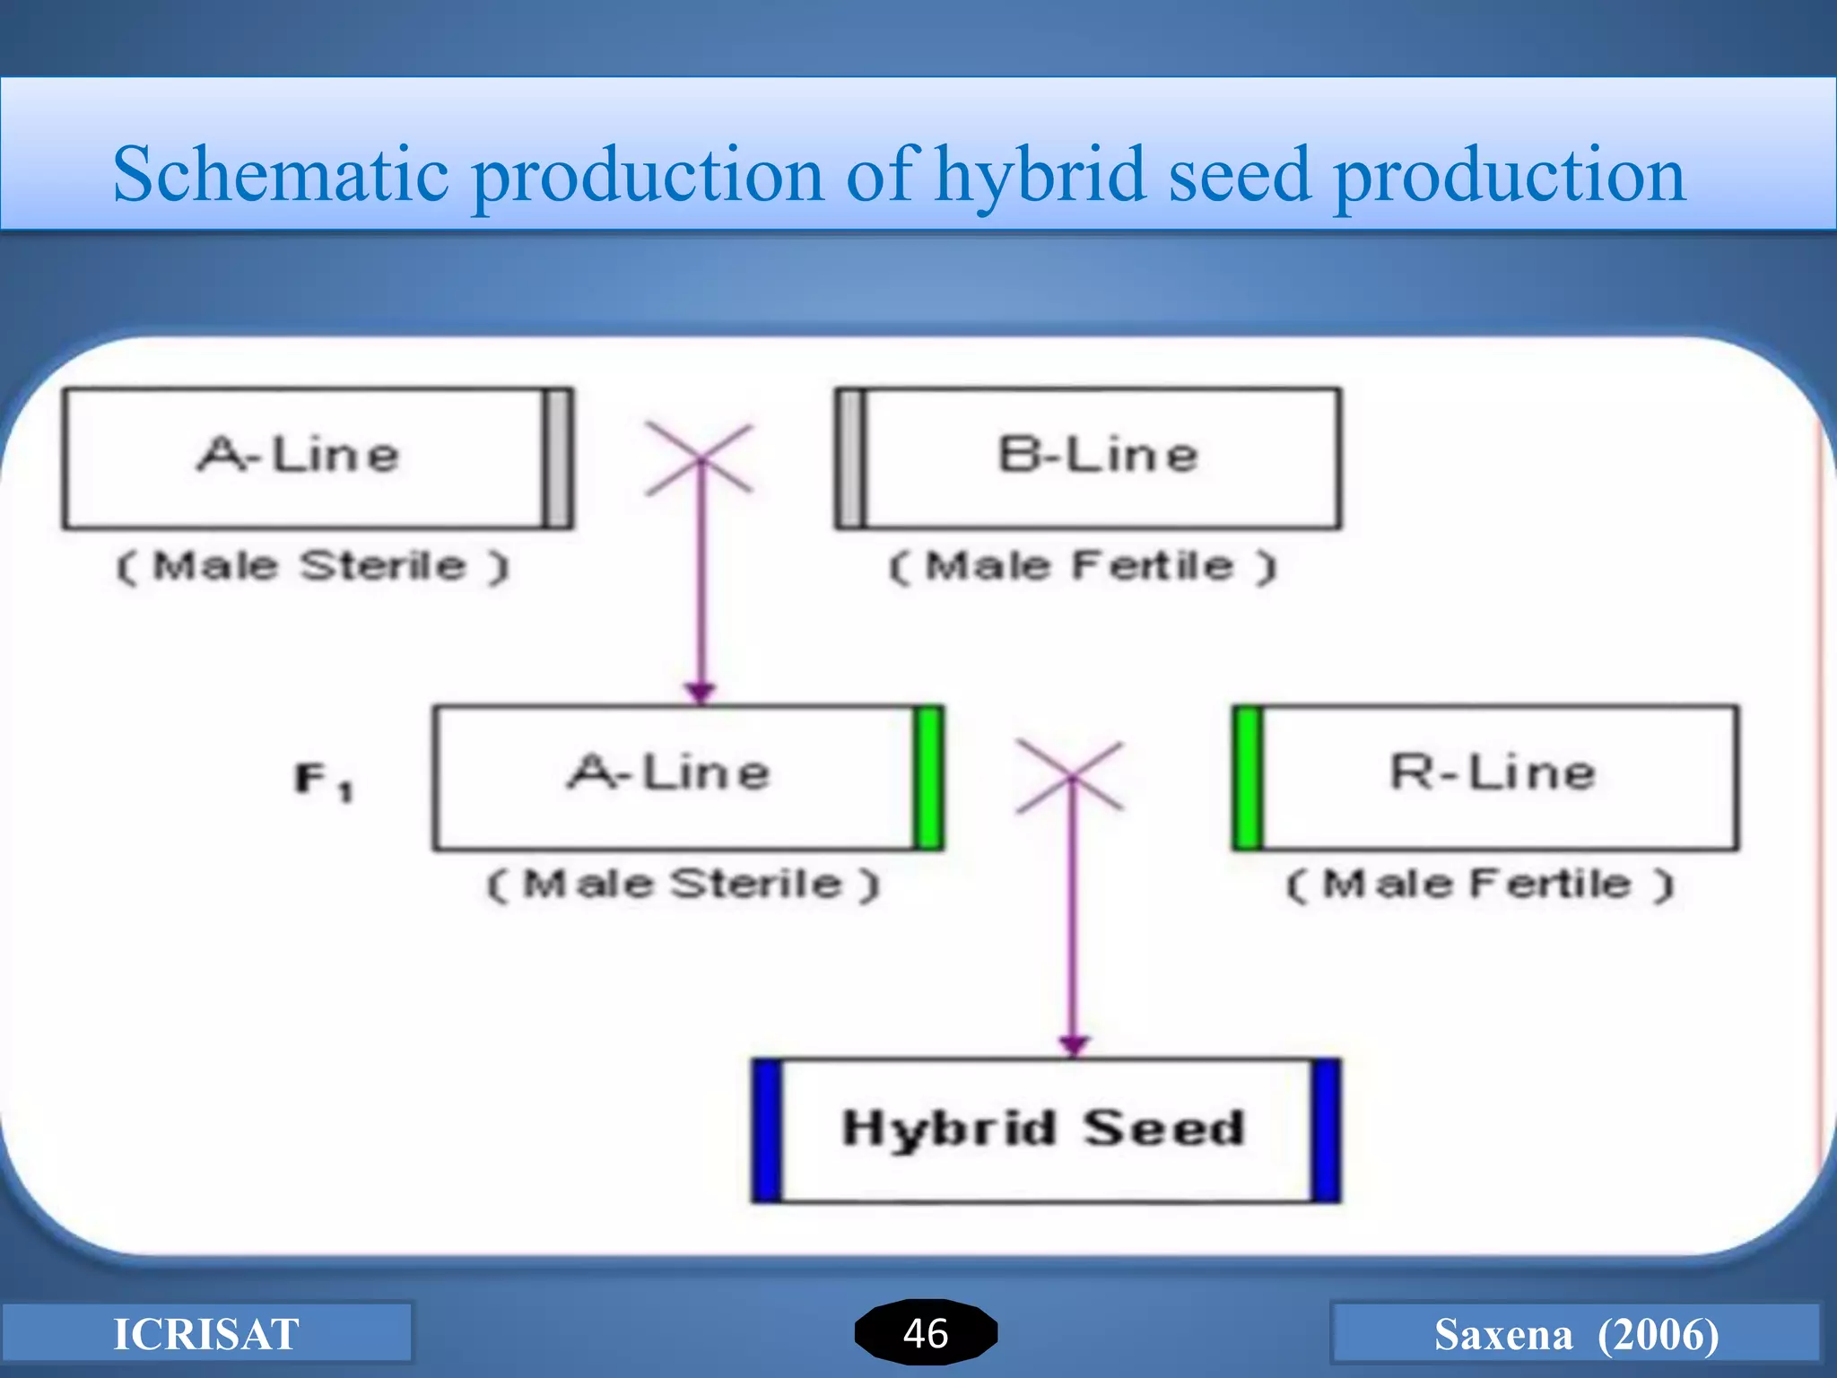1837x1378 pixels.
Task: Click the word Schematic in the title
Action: click(x=280, y=175)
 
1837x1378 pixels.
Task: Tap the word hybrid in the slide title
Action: click(x=1040, y=175)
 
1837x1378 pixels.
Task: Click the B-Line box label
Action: click(x=1098, y=455)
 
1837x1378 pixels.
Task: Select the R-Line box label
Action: click(x=1493, y=772)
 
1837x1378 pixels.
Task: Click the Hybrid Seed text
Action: click(x=1044, y=1128)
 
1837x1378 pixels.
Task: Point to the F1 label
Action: click(x=323, y=780)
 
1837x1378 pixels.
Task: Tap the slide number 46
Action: click(x=926, y=1333)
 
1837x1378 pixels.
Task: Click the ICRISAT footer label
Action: click(x=205, y=1334)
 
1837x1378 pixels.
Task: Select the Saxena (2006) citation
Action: click(x=1576, y=1334)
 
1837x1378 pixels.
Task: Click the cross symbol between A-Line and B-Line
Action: click(x=700, y=459)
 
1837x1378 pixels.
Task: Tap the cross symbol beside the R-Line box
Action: click(x=1069, y=777)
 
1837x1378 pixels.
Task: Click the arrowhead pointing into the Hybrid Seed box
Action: click(x=1074, y=1046)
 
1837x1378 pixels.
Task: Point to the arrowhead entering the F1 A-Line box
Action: click(x=700, y=693)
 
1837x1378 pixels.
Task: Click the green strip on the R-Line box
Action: click(x=1248, y=778)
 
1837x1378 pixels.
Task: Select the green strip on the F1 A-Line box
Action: click(x=928, y=778)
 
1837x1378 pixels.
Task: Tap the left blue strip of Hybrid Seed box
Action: click(x=767, y=1130)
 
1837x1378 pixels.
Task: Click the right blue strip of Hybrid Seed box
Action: click(x=1326, y=1130)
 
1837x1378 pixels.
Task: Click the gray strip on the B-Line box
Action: click(x=850, y=458)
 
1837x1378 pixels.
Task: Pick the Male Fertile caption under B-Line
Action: click(x=1082, y=566)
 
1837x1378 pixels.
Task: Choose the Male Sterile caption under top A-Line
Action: click(x=312, y=566)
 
